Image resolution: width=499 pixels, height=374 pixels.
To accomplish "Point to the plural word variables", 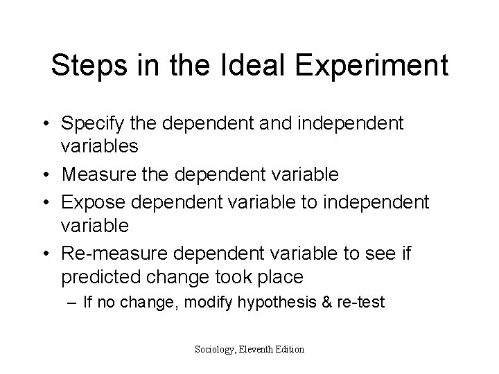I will coord(100,148).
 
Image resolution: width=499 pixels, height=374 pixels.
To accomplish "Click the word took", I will coord(230,278).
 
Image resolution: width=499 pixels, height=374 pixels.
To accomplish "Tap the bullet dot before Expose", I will coord(48,201).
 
